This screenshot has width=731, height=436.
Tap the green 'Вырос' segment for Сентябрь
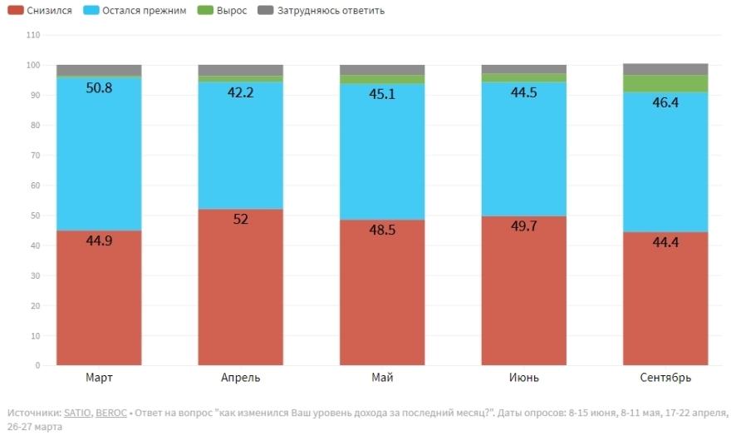point(666,83)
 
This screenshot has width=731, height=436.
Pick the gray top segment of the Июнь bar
point(523,69)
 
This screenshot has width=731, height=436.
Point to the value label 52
point(241,219)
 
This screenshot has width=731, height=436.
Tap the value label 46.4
point(666,102)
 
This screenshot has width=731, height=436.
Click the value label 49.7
point(523,225)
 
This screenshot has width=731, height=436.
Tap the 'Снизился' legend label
point(48,11)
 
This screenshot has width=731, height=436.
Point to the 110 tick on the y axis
point(33,36)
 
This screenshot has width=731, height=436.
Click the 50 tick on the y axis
point(36,216)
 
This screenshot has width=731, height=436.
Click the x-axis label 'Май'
point(382,378)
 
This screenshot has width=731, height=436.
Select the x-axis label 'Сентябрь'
point(666,378)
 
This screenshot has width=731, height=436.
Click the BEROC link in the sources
point(110,413)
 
